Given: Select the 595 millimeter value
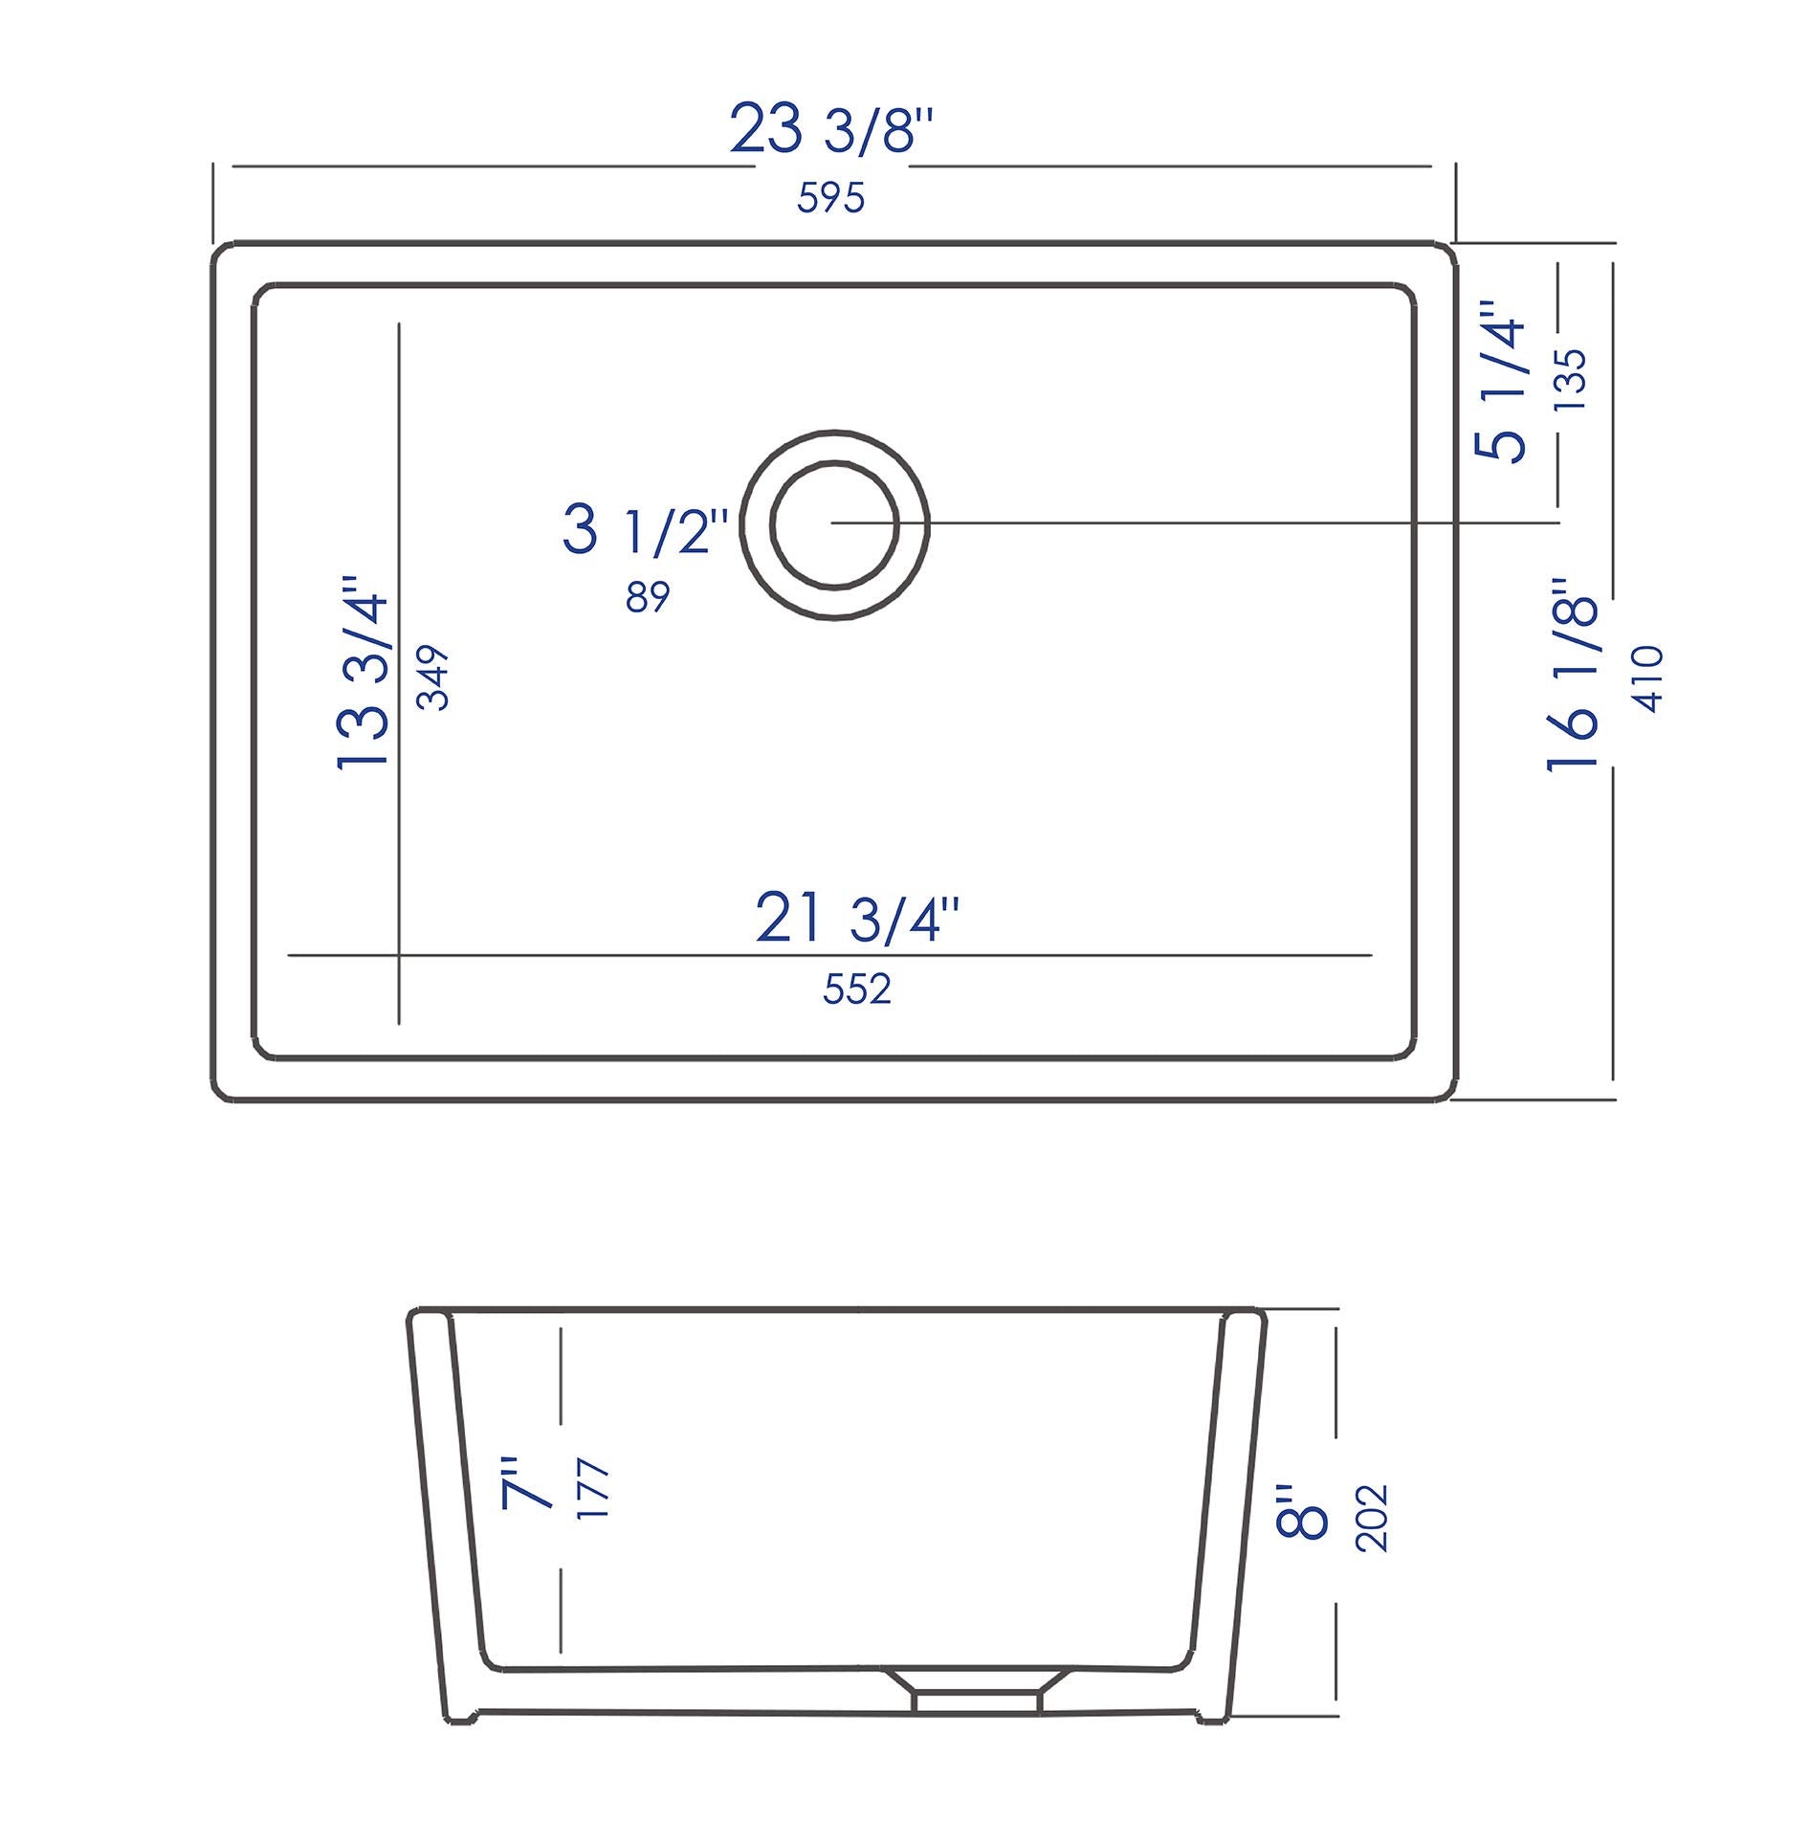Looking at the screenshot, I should click(x=830, y=198).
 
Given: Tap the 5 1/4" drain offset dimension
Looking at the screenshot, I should click(x=1500, y=383).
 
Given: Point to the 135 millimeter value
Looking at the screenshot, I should click(x=1571, y=380).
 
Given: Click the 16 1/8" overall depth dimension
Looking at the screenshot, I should click(x=1574, y=675).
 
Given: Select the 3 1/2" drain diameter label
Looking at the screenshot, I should click(x=646, y=531).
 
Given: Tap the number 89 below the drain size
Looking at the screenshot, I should click(x=648, y=597).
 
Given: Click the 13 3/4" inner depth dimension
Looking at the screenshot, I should click(x=364, y=672).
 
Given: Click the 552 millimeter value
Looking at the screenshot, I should click(x=856, y=989).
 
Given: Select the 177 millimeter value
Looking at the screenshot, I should click(x=594, y=1489).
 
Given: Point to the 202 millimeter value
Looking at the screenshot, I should click(x=1372, y=1518).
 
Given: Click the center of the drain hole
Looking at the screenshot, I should click(x=834, y=523).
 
